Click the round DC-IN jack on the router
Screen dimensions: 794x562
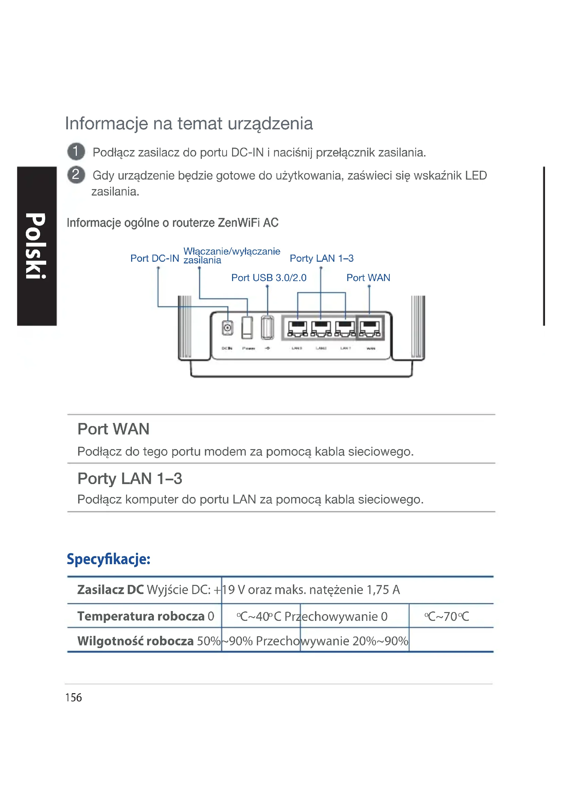tap(227, 328)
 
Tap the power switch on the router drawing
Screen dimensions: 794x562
tap(247, 327)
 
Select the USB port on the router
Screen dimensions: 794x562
tap(267, 327)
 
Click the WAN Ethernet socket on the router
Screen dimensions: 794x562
tap(370, 328)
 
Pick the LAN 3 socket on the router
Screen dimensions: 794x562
tap(297, 328)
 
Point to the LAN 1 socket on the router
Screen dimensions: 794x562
tap(345, 328)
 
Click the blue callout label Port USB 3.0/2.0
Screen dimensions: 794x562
tap(269, 278)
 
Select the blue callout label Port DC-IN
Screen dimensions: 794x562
tap(155, 258)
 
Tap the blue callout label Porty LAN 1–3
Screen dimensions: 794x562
tap(321, 258)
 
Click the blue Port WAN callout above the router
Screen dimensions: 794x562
tap(368, 278)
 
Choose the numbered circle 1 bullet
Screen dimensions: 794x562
tap(76, 151)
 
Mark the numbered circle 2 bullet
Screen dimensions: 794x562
tap(76, 174)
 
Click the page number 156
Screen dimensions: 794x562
tap(73, 698)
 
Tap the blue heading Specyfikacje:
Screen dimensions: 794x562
tap(109, 559)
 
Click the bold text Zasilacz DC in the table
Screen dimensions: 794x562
tap(110, 590)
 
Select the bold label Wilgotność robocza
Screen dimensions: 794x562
tap(135, 641)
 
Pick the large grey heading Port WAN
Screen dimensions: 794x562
tap(113, 429)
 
